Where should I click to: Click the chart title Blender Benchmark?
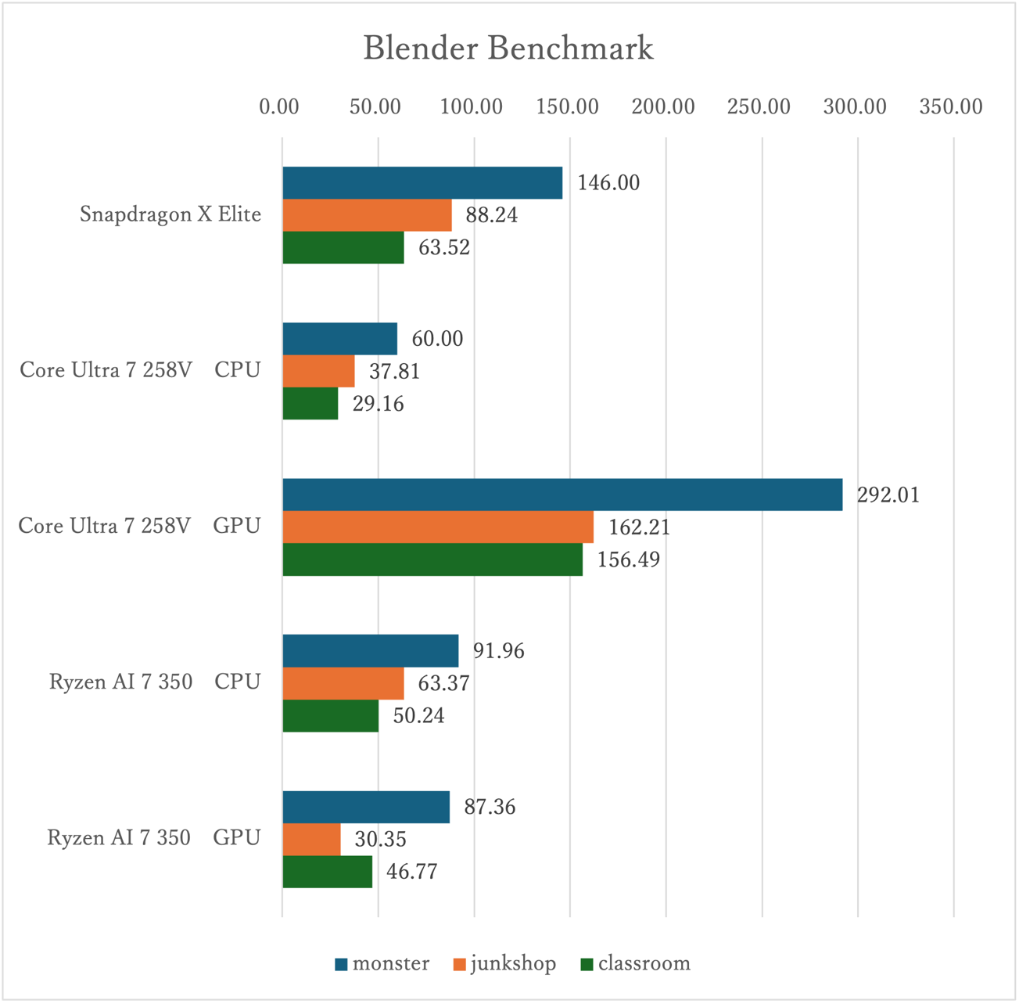pyautogui.click(x=508, y=49)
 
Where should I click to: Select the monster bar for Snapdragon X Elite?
pyautogui.click(x=422, y=182)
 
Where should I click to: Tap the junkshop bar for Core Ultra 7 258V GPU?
pyautogui.click(x=438, y=527)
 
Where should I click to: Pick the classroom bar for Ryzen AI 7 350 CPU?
pyautogui.click(x=330, y=716)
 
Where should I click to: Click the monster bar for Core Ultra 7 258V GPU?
pyautogui.click(x=562, y=495)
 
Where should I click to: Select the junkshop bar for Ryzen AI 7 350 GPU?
pyautogui.click(x=311, y=839)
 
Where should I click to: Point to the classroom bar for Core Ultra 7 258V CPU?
pyautogui.click(x=310, y=404)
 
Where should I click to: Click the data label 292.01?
pyautogui.click(x=888, y=495)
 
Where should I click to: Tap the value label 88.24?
pyautogui.click(x=491, y=215)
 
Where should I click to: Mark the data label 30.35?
pyautogui.click(x=380, y=840)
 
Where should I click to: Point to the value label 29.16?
pyautogui.click(x=378, y=405)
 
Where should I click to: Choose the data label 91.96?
pyautogui.click(x=498, y=651)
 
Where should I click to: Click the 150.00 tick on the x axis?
pyautogui.click(x=568, y=107)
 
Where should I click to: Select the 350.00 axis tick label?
pyautogui.click(x=951, y=107)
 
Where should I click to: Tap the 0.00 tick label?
pyautogui.click(x=279, y=107)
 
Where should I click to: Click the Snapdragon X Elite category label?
pyautogui.click(x=170, y=214)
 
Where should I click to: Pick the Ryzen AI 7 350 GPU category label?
pyautogui.click(x=154, y=838)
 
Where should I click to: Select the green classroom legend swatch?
pyautogui.click(x=587, y=964)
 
